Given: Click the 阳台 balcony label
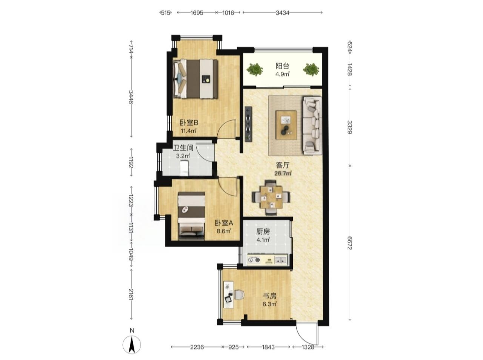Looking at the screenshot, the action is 282,66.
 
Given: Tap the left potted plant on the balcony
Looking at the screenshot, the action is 255,69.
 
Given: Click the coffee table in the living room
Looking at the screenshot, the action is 286,125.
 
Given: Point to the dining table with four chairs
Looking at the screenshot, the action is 271,197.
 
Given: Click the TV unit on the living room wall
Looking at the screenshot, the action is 249,124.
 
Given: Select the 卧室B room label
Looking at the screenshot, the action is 189,123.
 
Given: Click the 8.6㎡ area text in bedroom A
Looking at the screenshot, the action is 223,231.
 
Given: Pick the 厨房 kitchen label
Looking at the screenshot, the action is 263,231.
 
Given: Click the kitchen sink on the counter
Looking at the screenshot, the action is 280,260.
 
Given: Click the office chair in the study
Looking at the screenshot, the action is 239,295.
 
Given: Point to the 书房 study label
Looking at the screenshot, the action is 269,296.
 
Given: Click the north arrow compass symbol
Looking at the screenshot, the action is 132,345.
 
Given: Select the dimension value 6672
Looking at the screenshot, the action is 350,243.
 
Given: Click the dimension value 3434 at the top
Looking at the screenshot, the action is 282,13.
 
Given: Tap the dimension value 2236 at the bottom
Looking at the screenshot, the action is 197,347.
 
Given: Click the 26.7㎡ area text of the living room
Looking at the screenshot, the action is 283,173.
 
